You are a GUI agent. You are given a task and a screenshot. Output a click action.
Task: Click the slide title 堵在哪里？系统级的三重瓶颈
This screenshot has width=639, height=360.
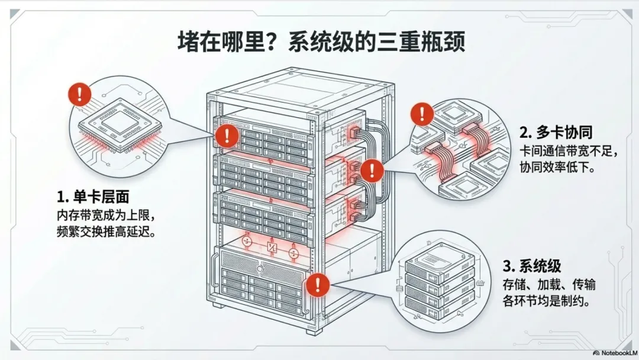319,44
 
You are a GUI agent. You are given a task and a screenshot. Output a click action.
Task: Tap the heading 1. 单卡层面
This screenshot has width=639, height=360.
93,197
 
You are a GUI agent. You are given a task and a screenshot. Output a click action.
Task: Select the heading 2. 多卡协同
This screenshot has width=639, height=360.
556,131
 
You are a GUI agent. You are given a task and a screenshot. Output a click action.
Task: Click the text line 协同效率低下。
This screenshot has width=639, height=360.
556,168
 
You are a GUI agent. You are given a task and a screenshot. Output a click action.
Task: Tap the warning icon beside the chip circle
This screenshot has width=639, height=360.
80,94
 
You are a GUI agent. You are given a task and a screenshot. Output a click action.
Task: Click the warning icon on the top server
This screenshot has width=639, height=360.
227,136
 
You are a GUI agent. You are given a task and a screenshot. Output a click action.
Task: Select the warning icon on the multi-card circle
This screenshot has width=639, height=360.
422,113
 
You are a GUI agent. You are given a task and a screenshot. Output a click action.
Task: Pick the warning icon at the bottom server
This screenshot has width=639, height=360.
318,284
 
